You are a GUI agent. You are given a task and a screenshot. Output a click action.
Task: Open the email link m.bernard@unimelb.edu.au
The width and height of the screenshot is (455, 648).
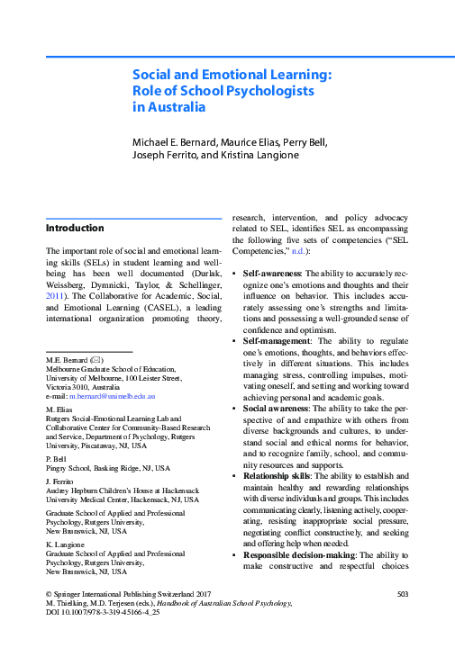point(113,396)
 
